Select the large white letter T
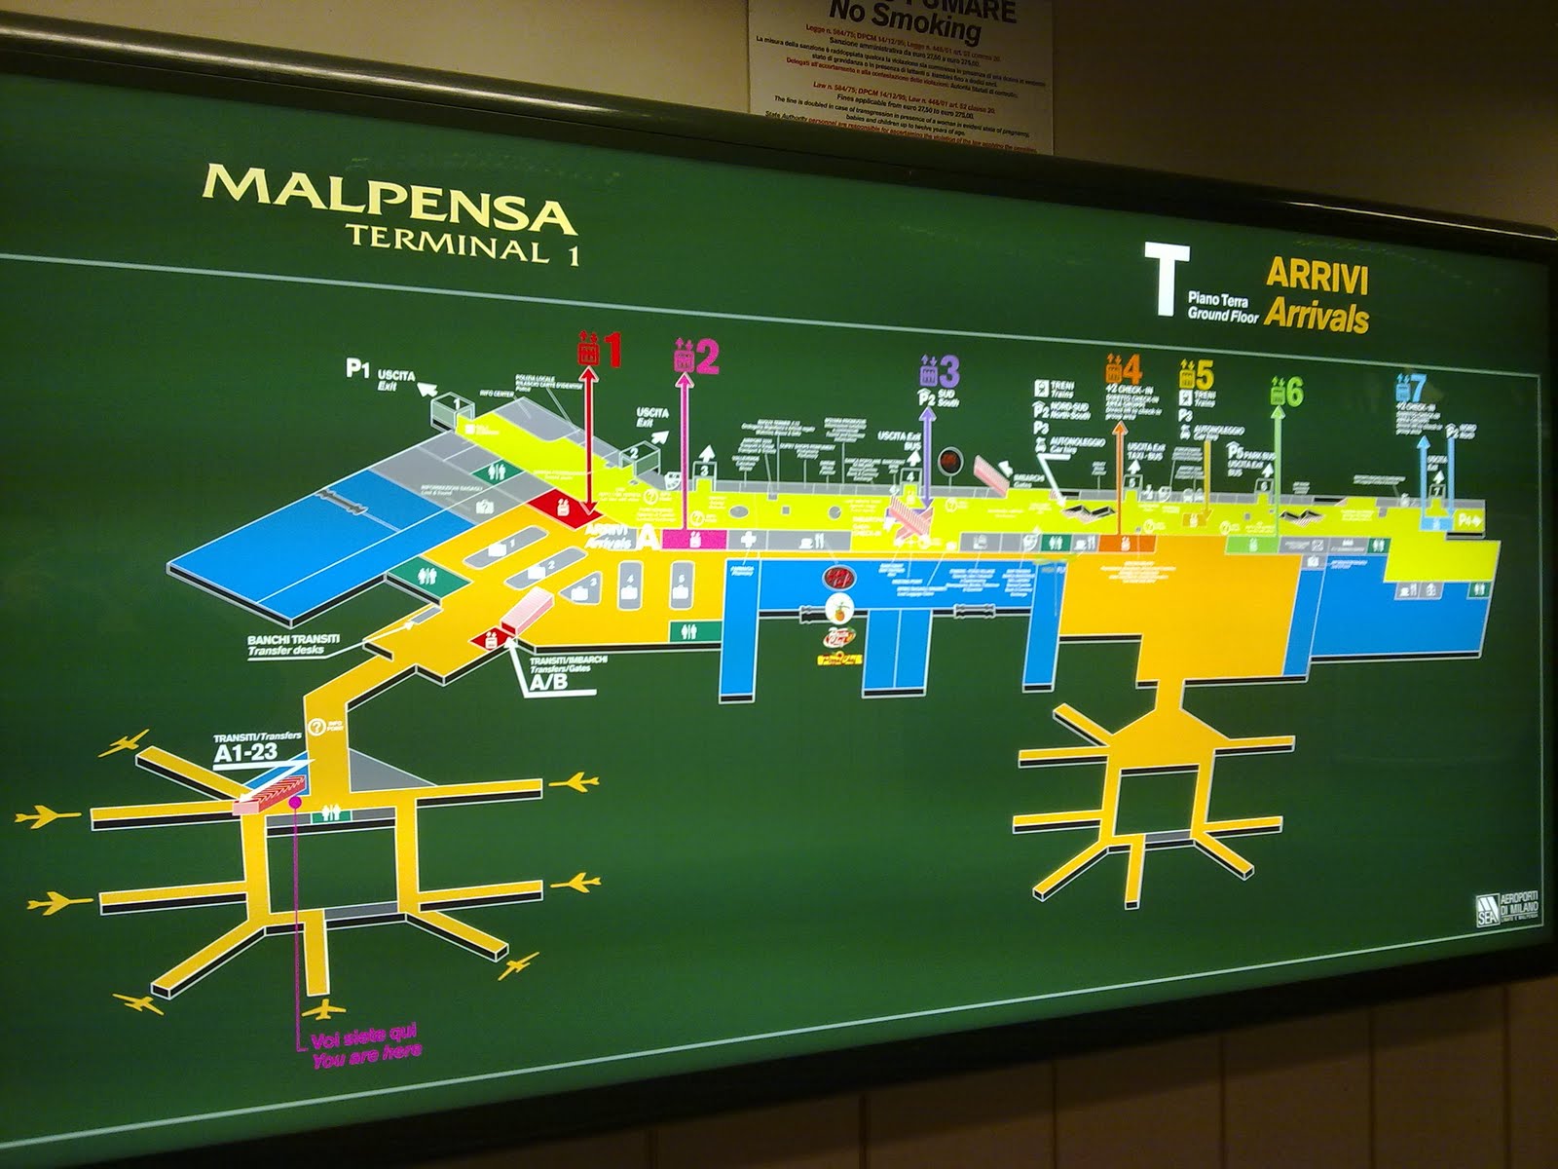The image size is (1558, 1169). point(1166,280)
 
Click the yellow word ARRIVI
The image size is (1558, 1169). point(1317,276)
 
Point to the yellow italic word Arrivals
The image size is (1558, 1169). point(1317,317)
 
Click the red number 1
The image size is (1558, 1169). point(612,351)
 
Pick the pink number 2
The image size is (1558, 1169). point(707,357)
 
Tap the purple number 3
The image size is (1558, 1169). point(949,371)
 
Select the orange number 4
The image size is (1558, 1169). point(1131,370)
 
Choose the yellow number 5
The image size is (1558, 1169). point(1205,375)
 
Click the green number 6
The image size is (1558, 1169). point(1294,392)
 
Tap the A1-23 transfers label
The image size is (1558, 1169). point(245,753)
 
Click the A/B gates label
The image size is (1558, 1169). point(548,683)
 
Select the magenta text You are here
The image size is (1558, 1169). point(367,1056)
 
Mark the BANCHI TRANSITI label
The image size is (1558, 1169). point(293,640)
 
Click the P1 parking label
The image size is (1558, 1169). point(358,368)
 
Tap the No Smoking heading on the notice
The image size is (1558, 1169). point(905,21)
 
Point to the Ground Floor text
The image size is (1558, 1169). point(1222,314)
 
